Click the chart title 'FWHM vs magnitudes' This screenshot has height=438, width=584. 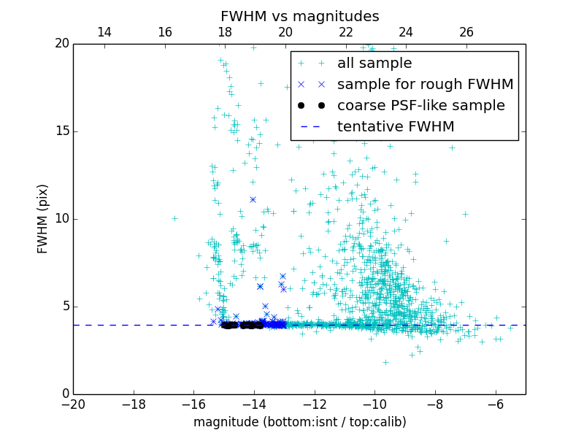[299, 16]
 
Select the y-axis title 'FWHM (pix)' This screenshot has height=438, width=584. [43, 219]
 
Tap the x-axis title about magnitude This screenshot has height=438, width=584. [299, 422]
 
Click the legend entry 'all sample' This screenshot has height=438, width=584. [374, 64]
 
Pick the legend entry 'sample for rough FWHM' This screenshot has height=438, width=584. [425, 85]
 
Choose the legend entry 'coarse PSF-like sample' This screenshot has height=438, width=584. [420, 106]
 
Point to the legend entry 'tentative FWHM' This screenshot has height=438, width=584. [396, 127]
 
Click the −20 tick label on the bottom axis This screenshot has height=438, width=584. [73, 404]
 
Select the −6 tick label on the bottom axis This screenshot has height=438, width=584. [495, 404]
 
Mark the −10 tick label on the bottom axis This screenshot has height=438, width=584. [374, 404]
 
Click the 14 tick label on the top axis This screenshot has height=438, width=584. [104, 32]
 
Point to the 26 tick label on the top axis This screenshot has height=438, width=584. [466, 32]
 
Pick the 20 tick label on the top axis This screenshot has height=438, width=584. [285, 32]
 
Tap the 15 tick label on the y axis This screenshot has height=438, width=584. [61, 131]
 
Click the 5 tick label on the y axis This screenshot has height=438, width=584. [64, 307]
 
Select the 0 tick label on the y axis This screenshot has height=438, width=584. [64, 394]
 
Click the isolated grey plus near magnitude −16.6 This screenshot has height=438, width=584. [174, 218]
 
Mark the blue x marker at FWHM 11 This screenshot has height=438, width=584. [253, 199]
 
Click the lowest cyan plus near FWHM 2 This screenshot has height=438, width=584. [385, 362]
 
